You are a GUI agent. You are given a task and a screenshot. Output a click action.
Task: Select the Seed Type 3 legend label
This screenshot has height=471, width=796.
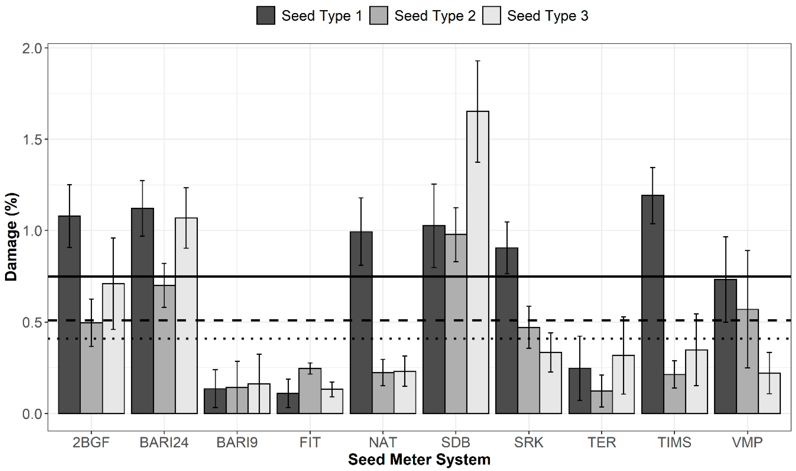tap(548, 16)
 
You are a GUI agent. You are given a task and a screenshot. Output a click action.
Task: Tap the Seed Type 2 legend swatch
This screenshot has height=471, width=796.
tap(378, 16)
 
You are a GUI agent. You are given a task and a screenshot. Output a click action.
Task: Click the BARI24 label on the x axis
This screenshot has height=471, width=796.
tap(164, 442)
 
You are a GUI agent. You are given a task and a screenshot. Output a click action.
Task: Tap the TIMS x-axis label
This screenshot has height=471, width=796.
tap(674, 442)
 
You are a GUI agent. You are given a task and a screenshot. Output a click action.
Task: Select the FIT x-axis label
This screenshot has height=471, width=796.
tap(310, 442)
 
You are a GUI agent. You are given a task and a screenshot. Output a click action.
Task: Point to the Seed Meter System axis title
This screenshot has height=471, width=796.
tap(419, 459)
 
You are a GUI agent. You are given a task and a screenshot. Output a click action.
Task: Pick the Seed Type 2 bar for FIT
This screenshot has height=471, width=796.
tap(310, 391)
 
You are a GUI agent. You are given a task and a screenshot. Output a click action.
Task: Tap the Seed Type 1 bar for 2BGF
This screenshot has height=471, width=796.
tap(69, 314)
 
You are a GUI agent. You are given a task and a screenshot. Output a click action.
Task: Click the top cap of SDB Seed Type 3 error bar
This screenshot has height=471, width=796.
tap(478, 61)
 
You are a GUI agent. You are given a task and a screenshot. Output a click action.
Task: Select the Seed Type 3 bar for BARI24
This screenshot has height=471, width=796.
tap(186, 316)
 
